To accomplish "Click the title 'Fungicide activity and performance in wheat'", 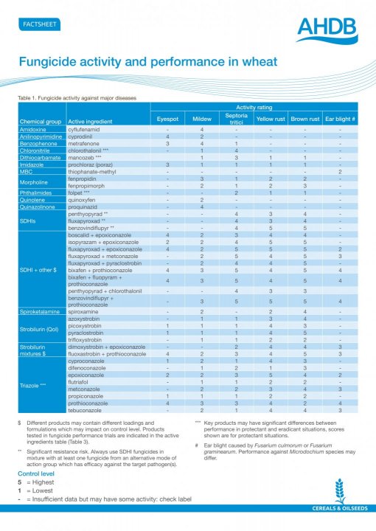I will [147, 63].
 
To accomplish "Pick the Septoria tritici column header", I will [235, 118].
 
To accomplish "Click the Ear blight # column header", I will [340, 119].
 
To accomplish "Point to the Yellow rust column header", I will [269, 119].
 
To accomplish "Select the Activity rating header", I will [254, 107].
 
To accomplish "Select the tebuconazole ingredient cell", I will [88, 409].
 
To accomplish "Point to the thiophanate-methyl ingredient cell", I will [97, 171].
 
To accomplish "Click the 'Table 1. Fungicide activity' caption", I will [74, 97].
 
